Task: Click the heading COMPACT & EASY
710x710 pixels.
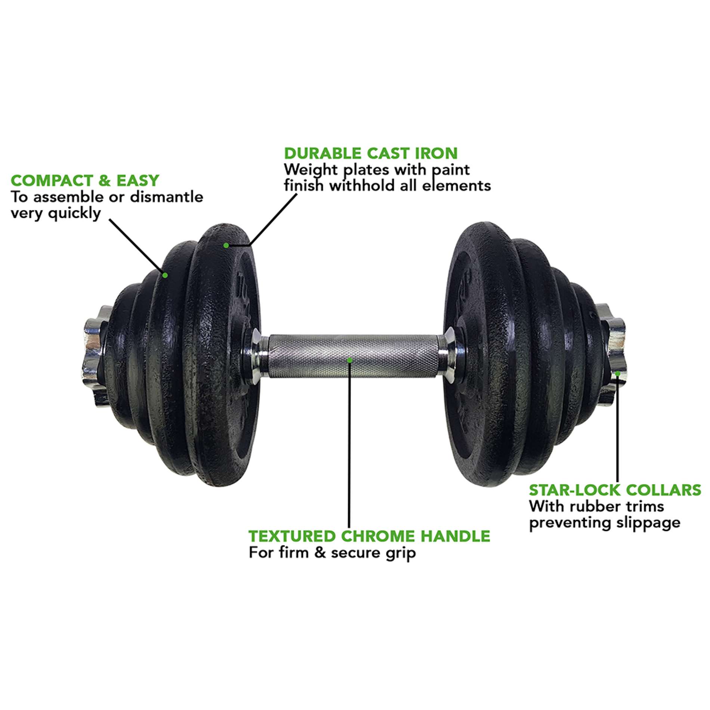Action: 85,180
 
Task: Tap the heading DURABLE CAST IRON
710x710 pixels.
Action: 370,153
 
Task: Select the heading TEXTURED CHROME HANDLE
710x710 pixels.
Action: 369,536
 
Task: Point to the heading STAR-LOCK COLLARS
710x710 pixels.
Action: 615,490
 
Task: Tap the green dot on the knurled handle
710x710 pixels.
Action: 350,360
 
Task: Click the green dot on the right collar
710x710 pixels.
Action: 618,373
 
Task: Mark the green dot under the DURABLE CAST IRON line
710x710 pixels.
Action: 226,245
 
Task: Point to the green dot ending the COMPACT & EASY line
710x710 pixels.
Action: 165,275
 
